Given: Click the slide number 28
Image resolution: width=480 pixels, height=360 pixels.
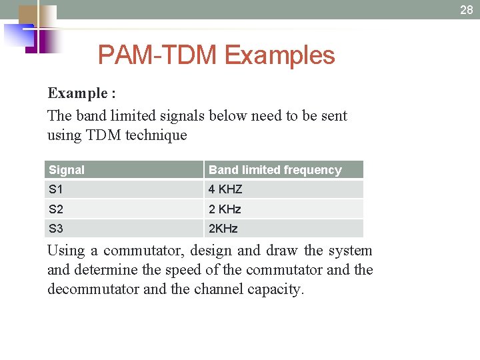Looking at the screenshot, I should (x=466, y=10).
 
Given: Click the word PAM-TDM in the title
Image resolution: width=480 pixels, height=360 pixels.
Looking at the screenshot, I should (x=157, y=55).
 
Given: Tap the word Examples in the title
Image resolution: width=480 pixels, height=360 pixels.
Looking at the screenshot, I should (x=280, y=55).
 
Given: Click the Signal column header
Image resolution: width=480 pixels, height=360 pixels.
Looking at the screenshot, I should (x=67, y=170).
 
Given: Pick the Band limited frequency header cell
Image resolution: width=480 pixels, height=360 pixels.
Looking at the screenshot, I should (x=275, y=170).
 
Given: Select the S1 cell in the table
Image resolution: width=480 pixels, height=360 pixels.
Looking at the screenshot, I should (x=56, y=189).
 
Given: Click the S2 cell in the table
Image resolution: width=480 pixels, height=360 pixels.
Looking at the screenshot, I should (x=56, y=209).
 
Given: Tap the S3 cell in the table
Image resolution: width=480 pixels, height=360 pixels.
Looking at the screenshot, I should (x=56, y=228).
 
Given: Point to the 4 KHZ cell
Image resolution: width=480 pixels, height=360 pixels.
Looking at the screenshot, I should (x=225, y=189).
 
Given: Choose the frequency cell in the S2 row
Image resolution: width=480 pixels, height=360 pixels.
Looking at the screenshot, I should (x=225, y=209).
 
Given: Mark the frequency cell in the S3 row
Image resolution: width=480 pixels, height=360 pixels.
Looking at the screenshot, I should (x=223, y=228).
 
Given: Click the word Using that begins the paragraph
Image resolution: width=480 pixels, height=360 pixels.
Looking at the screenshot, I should (x=66, y=251).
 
